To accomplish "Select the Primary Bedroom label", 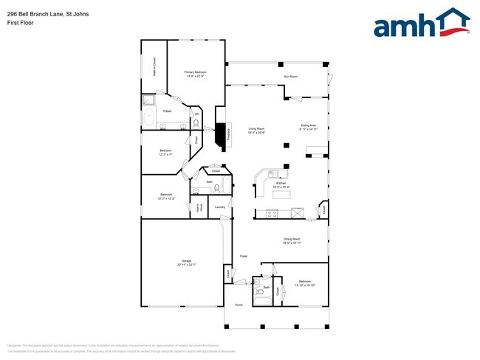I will [x=195, y=73].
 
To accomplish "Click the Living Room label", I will [x=256, y=131].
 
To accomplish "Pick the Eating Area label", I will [x=308, y=127].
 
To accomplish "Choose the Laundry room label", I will [x=219, y=207].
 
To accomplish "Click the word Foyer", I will [x=243, y=256].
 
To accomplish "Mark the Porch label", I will [x=239, y=305].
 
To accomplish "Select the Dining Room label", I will [x=292, y=240].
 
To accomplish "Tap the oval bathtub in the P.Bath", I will [x=149, y=117].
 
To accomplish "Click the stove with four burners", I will [x=272, y=214].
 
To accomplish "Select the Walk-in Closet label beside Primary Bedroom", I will [x=154, y=68].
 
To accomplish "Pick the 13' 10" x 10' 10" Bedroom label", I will [x=305, y=283].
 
